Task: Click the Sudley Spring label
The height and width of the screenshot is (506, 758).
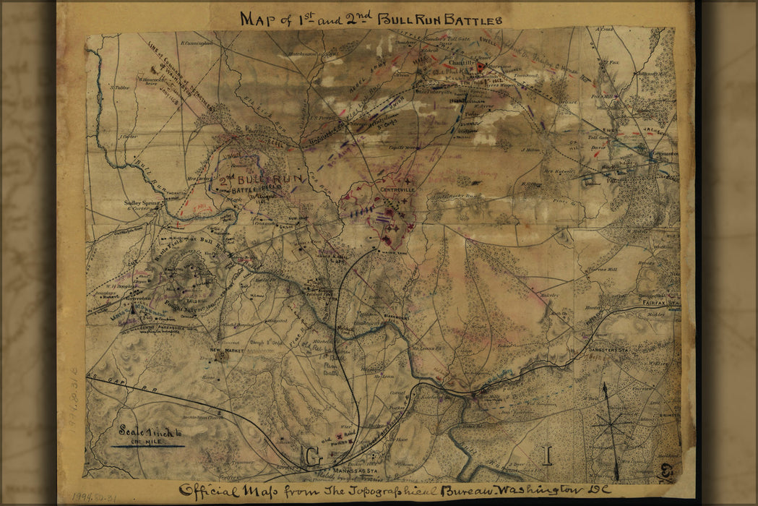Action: point(140,203)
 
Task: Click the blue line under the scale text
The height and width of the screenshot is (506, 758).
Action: point(147,446)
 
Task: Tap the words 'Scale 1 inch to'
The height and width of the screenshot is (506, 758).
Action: point(150,431)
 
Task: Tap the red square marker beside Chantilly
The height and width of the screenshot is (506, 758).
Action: point(480,67)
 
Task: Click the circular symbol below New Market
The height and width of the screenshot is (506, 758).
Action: point(222,357)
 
